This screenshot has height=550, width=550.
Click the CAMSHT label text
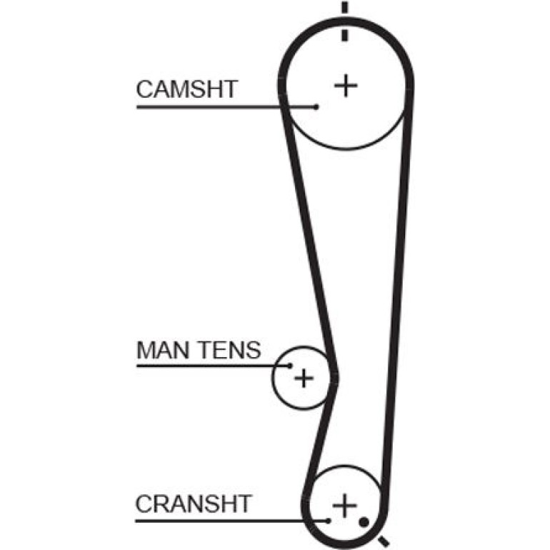(187, 89)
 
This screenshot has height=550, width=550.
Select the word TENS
(230, 350)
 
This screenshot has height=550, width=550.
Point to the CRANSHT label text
(194, 504)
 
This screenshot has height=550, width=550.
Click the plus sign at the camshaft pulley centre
(346, 85)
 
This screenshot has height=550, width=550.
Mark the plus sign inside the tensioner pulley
(304, 378)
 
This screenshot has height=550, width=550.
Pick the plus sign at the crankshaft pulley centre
(345, 505)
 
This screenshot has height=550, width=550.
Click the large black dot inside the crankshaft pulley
(364, 522)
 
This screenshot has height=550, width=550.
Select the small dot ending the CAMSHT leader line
(316, 106)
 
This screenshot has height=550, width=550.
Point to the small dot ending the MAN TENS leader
(290, 366)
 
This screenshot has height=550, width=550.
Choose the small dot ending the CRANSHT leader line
(328, 521)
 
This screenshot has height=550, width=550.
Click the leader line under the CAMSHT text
(226, 106)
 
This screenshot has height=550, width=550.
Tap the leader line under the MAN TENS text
(213, 366)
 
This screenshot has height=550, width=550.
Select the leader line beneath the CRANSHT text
(231, 521)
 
